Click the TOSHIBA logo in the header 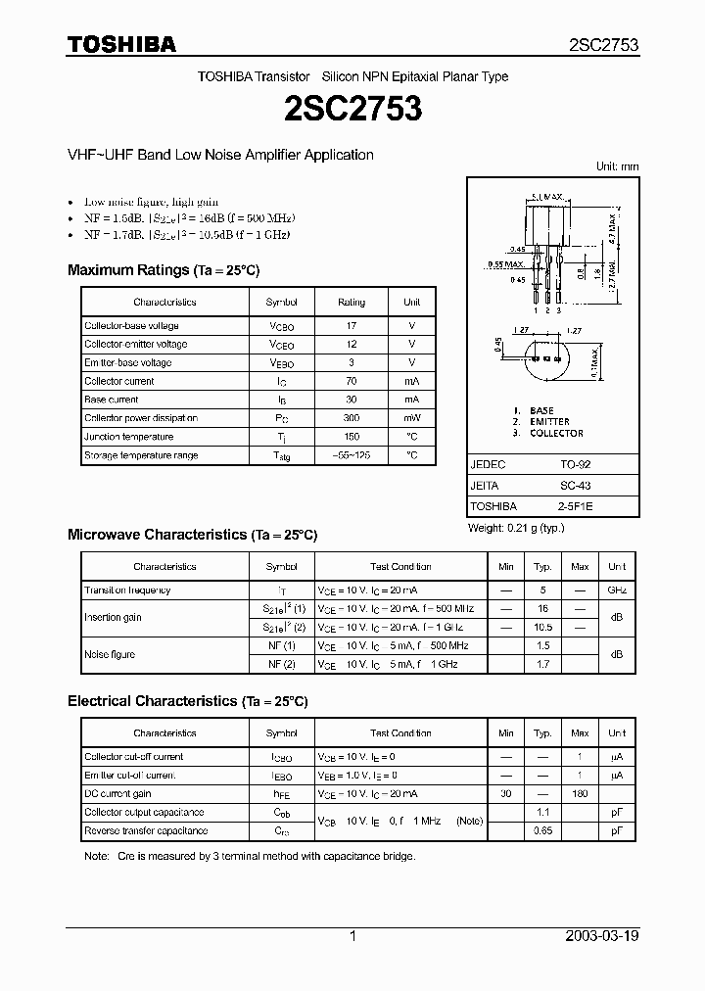(x=121, y=45)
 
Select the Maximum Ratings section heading (x=164, y=270)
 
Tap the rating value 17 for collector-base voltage (x=352, y=325)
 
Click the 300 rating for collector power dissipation (x=352, y=418)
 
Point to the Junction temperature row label (x=128, y=437)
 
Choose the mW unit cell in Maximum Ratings (x=412, y=418)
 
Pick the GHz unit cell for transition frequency (x=617, y=590)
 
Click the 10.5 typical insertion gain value (x=542, y=627)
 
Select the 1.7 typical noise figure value (x=542, y=664)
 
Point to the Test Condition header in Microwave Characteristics (x=401, y=567)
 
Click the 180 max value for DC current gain (x=580, y=794)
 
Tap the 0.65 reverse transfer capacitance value (x=542, y=831)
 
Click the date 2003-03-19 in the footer (x=602, y=936)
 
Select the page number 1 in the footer (x=352, y=936)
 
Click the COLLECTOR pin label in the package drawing (x=555, y=433)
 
